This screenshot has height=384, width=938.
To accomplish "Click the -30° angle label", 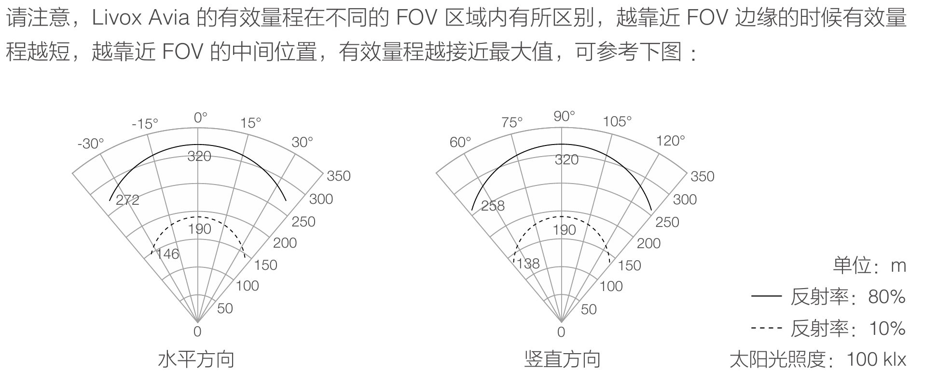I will point(91,144).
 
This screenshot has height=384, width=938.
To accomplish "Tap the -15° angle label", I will point(145,124).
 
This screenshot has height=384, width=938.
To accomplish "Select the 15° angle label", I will point(250,123).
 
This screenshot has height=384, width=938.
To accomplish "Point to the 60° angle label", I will point(460,142).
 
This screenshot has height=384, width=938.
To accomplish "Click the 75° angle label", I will point(512,122).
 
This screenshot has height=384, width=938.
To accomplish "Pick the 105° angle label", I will point(617,121).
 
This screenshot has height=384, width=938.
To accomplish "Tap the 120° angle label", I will point(671,141).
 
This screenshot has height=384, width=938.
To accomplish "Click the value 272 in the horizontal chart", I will point(128,200).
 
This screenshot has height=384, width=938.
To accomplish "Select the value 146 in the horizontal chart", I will point(167,254).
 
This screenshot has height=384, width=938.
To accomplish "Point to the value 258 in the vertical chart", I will point(493,206).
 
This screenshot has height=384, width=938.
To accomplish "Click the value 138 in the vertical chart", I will point(528,264).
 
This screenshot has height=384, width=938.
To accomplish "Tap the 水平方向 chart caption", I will point(196,359).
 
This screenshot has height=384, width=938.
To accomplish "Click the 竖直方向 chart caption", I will point(562,359).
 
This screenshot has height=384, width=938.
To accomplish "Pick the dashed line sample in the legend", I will point(766,328).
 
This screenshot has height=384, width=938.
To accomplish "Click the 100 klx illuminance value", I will point(876,359).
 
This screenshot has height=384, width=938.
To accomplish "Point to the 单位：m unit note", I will point(869,265).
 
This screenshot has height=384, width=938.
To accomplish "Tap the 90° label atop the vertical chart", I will point(564,116).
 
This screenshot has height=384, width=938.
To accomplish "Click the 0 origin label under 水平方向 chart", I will point(197,331).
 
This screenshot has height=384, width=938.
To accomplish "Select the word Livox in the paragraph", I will point(116,19).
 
